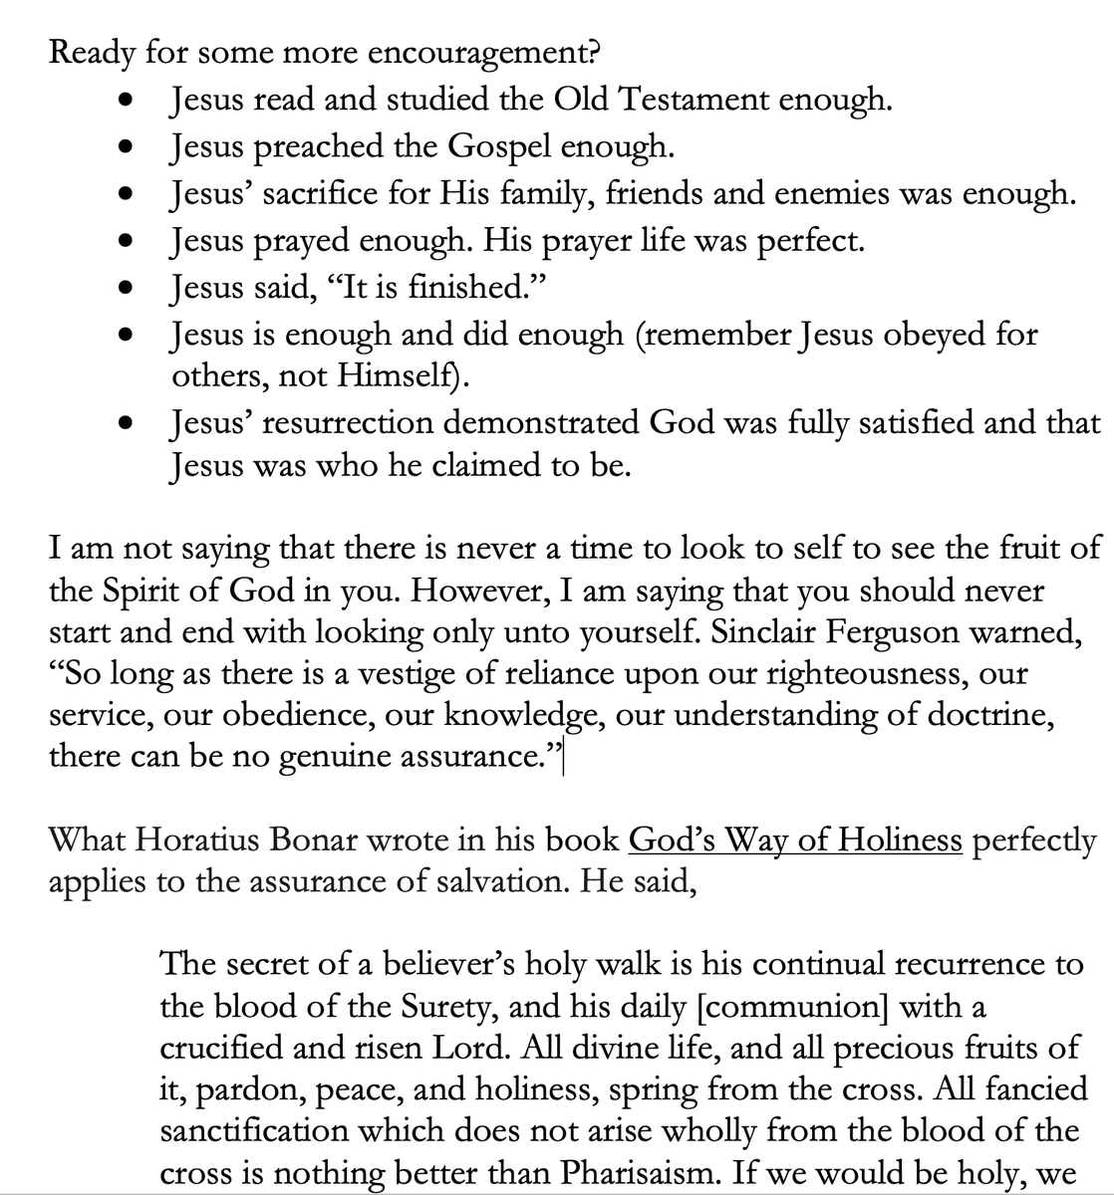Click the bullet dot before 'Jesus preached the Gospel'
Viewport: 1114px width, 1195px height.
point(125,147)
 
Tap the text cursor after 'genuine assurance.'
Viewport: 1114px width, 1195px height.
point(565,759)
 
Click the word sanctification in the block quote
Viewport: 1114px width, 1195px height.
point(250,1131)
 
